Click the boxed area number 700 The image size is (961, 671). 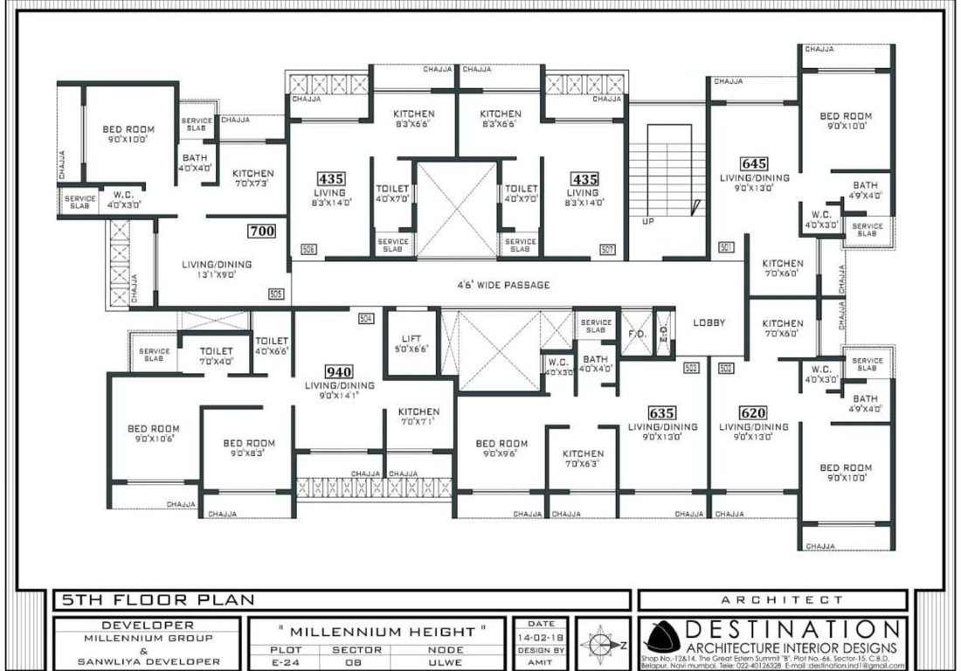pos(262,232)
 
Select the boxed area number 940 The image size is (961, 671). pos(338,371)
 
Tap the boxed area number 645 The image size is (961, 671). pos(753,163)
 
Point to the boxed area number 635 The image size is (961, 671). pos(662,412)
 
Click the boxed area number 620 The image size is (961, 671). pos(753,412)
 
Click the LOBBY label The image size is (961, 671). pos(709,322)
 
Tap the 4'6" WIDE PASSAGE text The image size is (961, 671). pos(503,285)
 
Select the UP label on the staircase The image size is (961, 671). pos(647,221)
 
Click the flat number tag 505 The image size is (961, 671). pos(276,294)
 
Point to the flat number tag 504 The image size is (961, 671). pos(366,318)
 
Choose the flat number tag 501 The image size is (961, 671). pos(724,248)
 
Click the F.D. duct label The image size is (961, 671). pos(636,333)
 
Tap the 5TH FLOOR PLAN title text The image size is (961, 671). pos(158,599)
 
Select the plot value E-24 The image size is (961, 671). pos(286,661)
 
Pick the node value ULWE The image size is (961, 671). pos(446,661)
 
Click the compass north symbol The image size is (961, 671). pos(602,646)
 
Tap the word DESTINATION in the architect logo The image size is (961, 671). pos(792,629)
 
